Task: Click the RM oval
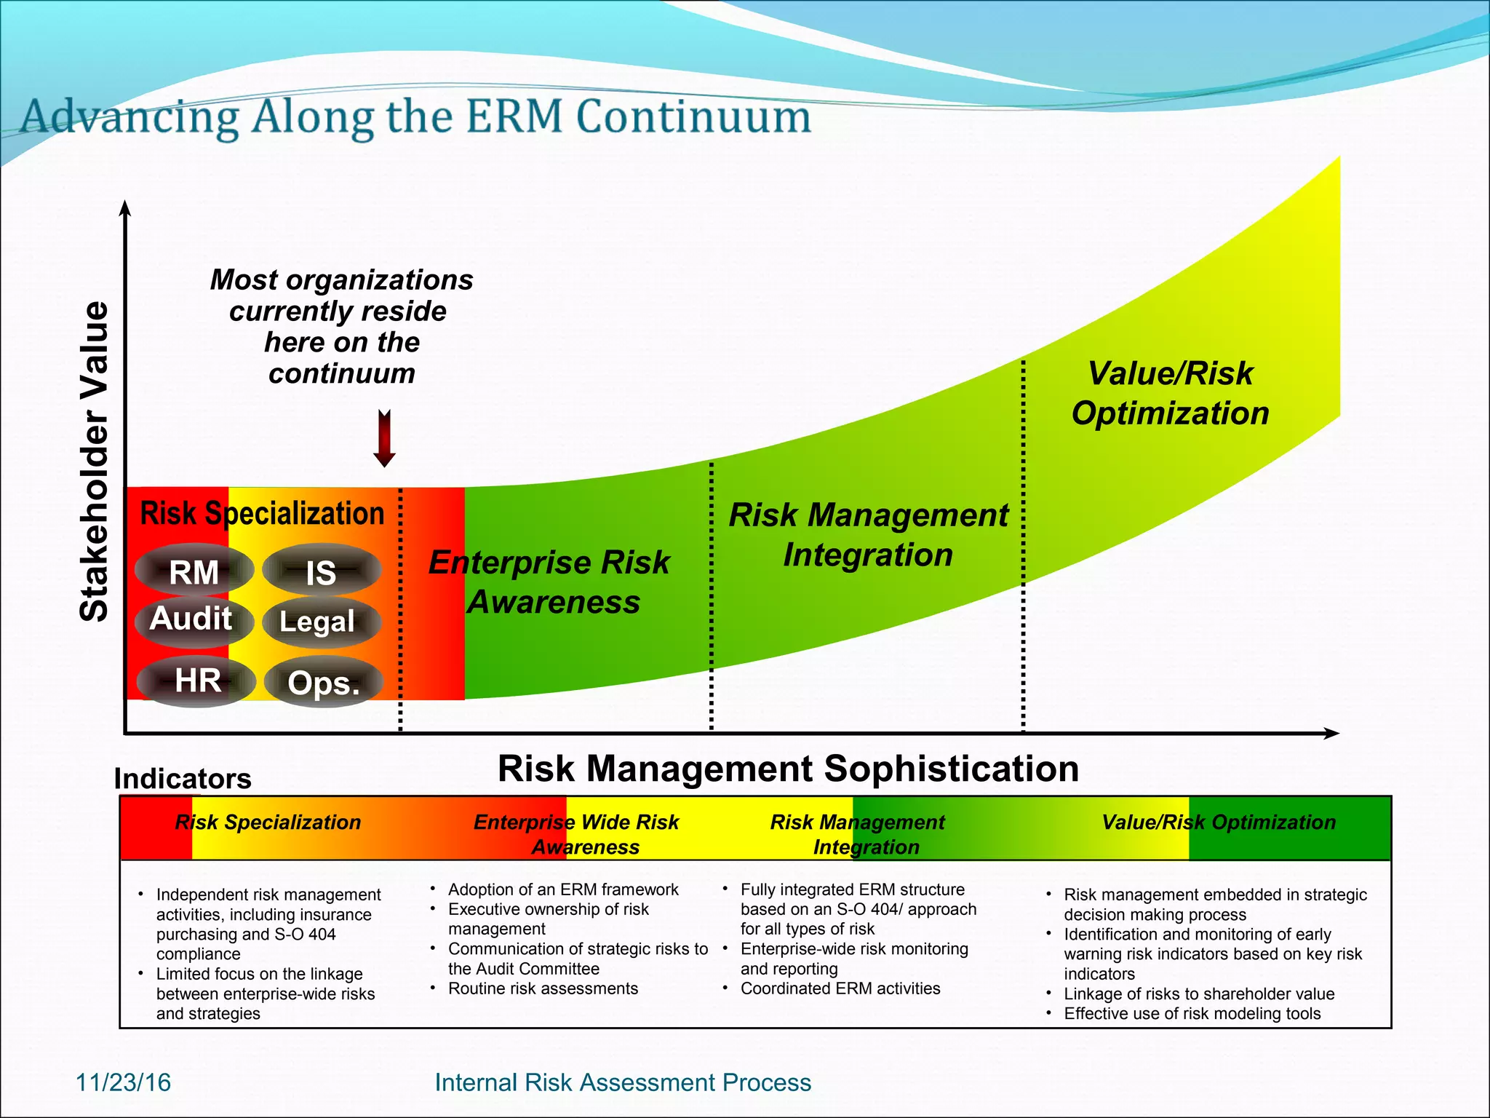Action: tap(194, 571)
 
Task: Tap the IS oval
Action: tap(322, 571)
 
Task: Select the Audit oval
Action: tap(193, 620)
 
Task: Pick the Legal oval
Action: tap(320, 622)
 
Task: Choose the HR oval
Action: tap(196, 681)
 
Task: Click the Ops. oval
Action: tap(324, 682)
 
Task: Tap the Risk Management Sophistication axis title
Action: tap(788, 769)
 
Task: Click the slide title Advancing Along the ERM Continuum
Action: tap(415, 116)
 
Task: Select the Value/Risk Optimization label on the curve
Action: tap(1170, 393)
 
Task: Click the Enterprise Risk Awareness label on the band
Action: tap(551, 582)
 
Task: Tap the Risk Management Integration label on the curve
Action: tap(868, 534)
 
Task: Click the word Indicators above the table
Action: tap(183, 779)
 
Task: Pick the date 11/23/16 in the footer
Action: tap(124, 1082)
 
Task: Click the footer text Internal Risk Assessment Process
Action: tap(623, 1082)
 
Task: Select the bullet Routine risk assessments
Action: tap(543, 988)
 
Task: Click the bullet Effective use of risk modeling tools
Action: tap(1192, 1013)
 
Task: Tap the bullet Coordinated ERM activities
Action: tap(840, 988)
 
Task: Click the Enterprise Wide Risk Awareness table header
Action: tap(577, 834)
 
